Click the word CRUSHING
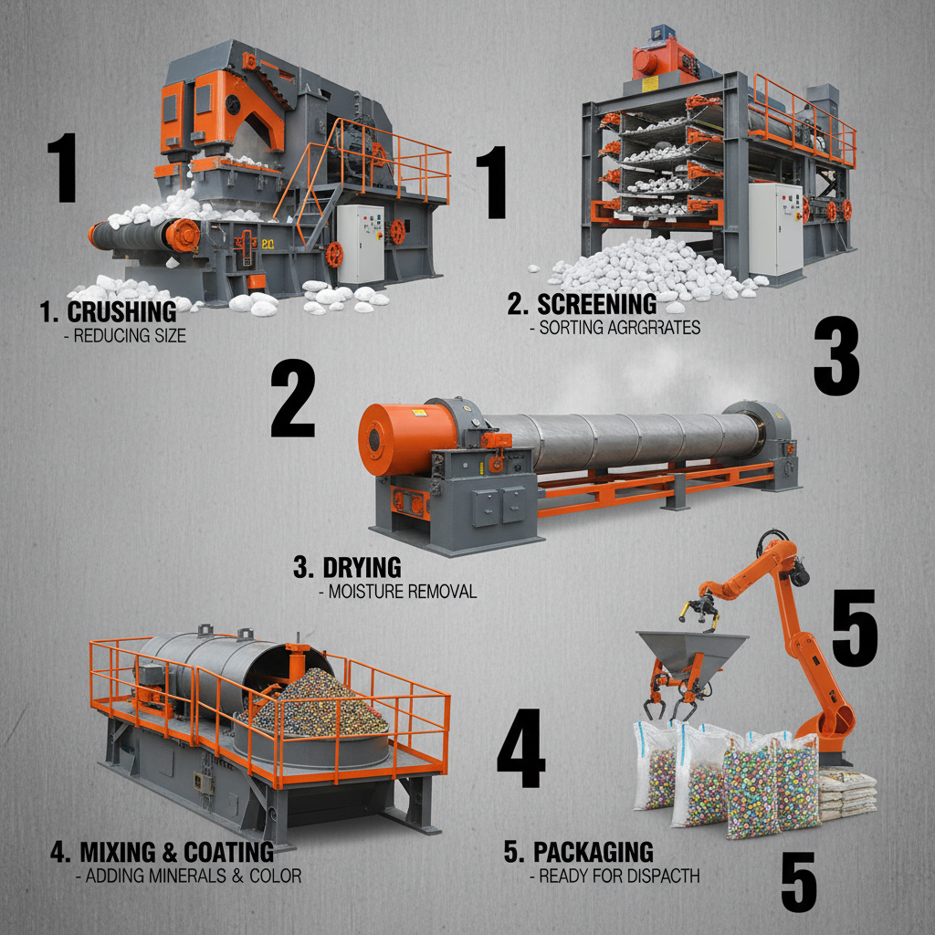pyautogui.click(x=121, y=312)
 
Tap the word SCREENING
pyautogui.click(x=597, y=304)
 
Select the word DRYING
pyautogui.click(x=362, y=567)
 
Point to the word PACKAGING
pyautogui.click(x=594, y=852)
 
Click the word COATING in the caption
pyautogui.click(x=228, y=852)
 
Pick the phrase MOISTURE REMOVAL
pyautogui.click(x=403, y=592)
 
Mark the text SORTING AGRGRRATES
pyautogui.click(x=620, y=328)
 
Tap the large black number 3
pyautogui.click(x=836, y=355)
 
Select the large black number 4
pyautogui.click(x=521, y=748)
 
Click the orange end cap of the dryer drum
pyautogui.click(x=406, y=439)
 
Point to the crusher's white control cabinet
pyautogui.click(x=360, y=243)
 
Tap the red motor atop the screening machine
pyautogui.click(x=664, y=58)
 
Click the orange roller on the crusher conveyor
pyautogui.click(x=182, y=235)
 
